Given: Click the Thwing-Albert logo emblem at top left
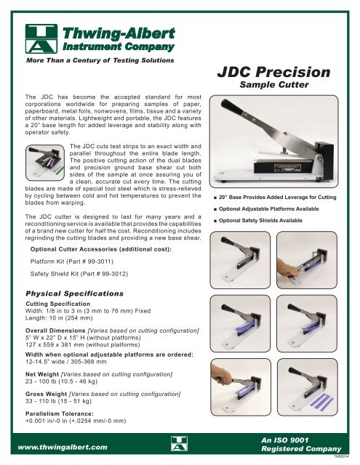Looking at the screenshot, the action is (x=42, y=38).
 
